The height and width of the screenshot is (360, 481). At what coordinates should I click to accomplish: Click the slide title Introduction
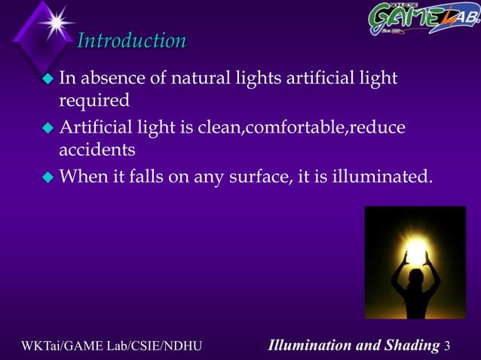coord(132,40)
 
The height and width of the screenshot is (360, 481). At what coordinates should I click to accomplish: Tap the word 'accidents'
coord(97,150)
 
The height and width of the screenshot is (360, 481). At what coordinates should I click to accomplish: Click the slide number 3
coord(449,346)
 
